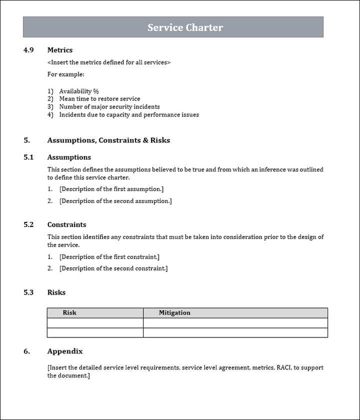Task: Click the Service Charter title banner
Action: tap(173, 27)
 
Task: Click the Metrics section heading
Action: tap(60, 50)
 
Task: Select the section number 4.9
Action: tap(28, 50)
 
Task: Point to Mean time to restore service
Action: tap(99, 99)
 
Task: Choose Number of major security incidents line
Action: tap(109, 106)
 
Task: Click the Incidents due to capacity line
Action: tap(128, 114)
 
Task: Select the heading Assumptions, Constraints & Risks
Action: tap(108, 140)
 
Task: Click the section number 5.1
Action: tap(28, 157)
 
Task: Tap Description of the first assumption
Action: tap(111, 189)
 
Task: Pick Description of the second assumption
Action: tap(115, 201)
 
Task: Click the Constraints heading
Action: tap(66, 224)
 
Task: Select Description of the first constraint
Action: tap(109, 257)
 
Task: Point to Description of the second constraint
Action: tap(113, 268)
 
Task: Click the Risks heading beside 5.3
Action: tap(56, 292)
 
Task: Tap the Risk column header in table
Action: tap(69, 313)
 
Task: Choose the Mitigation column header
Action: tap(174, 313)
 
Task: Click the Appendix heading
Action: tap(65, 351)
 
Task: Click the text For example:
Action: tap(66, 74)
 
